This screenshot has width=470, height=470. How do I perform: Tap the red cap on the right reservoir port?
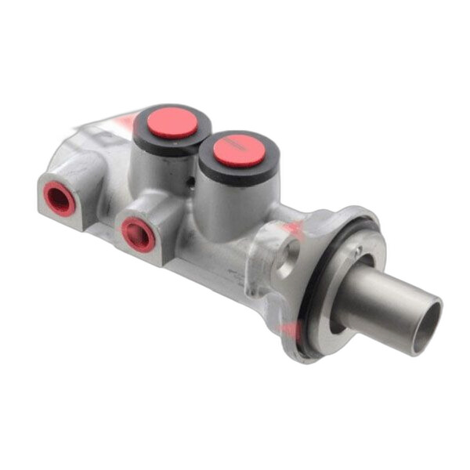tap(240, 150)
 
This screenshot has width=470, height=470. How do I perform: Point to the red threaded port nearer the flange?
tap(139, 233)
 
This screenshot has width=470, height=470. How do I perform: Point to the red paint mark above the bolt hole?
tap(293, 228)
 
